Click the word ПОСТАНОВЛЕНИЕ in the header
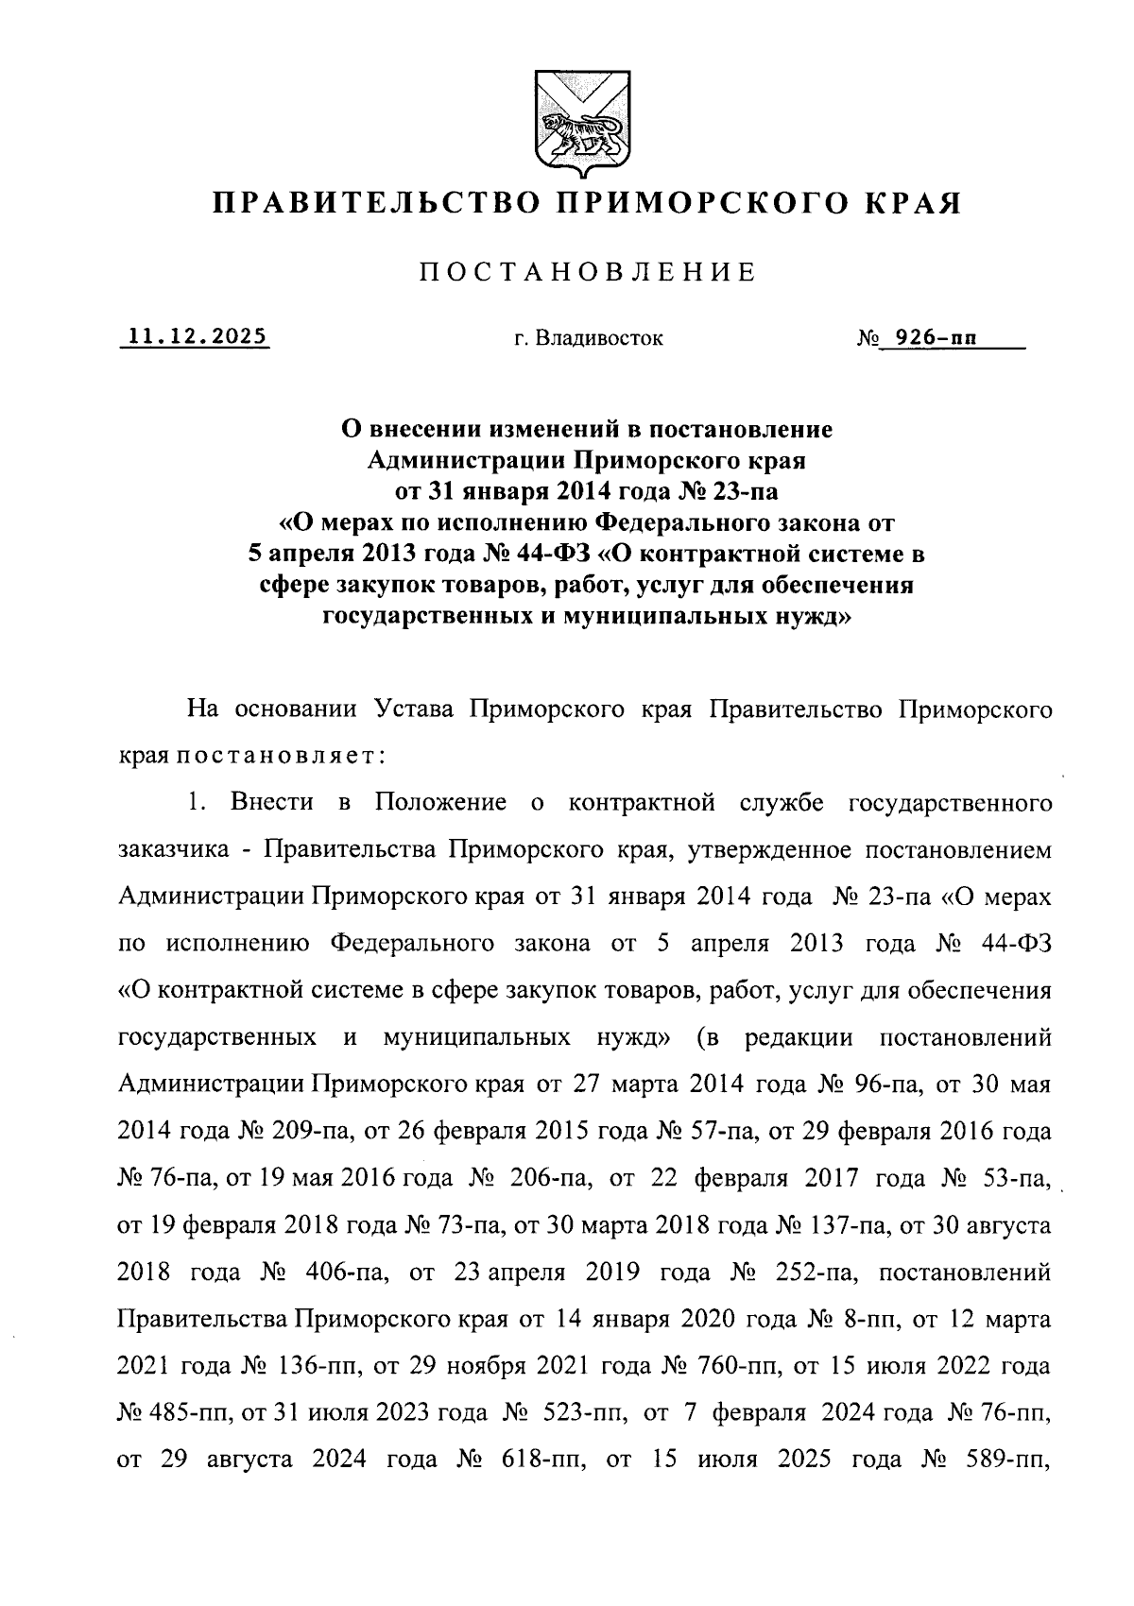coord(587,273)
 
